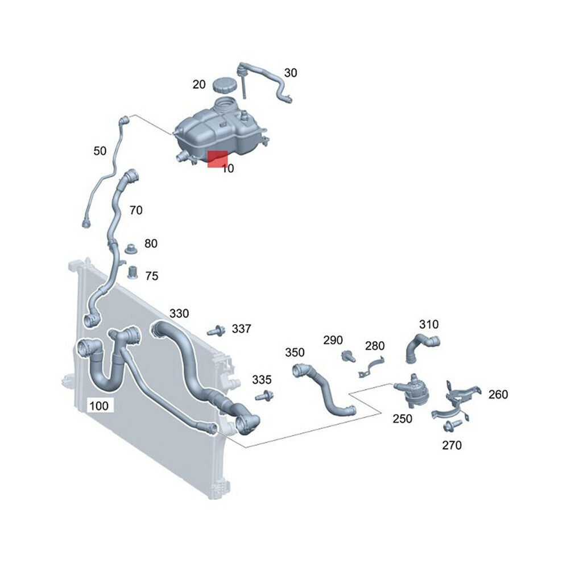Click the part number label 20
199,84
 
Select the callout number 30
291,73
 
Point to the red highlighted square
218,159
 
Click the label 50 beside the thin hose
100,151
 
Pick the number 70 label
136,210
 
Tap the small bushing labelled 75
133,272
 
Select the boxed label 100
99,405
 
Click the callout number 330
179,313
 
